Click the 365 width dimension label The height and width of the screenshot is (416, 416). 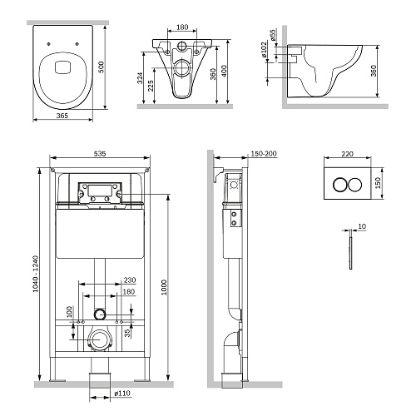62,116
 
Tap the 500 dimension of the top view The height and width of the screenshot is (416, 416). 102,67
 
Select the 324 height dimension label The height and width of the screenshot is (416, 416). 141,78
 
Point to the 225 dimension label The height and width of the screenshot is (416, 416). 151,86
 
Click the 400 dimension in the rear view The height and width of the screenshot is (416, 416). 225,71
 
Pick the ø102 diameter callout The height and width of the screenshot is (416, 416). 264,50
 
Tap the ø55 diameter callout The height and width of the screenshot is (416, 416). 273,35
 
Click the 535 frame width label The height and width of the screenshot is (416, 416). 100,153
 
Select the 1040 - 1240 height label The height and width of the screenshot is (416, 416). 36,274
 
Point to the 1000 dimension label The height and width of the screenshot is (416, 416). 164,287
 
